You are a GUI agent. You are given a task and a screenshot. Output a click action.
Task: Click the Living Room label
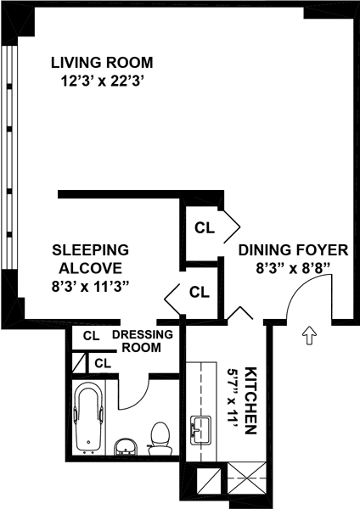[x=102, y=63]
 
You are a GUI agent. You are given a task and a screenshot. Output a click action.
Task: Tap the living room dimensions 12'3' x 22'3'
[x=103, y=81]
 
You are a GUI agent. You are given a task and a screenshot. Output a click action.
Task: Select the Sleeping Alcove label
[x=91, y=259]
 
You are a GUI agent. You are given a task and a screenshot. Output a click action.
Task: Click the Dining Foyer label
[x=294, y=250]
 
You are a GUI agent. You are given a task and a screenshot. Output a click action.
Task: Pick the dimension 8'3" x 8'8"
[x=294, y=268]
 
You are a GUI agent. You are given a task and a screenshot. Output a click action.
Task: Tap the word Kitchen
[x=250, y=400]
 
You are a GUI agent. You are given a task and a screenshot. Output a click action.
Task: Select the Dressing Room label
[x=143, y=341]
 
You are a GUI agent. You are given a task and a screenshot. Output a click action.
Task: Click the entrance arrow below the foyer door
[x=309, y=335]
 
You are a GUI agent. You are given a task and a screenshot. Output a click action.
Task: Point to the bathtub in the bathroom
[x=89, y=417]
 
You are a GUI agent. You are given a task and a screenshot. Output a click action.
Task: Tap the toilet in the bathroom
[x=160, y=439]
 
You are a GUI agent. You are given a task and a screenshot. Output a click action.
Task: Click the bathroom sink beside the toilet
[x=126, y=447]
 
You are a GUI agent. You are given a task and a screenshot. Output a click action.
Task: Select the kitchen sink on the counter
[x=200, y=430]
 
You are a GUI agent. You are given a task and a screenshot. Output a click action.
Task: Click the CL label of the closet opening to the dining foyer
[x=205, y=228]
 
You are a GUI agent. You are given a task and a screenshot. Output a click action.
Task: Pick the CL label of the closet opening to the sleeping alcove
[x=200, y=292]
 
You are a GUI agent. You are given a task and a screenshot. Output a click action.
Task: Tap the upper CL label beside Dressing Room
[x=92, y=336]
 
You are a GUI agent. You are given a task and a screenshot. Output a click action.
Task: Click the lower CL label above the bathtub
[x=103, y=363]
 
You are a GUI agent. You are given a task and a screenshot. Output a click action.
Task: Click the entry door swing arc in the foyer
[x=298, y=285]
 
